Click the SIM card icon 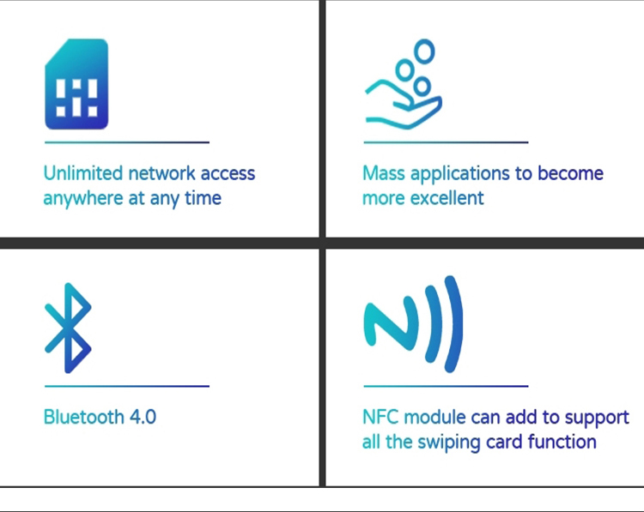(76, 84)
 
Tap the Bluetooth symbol (69, 328)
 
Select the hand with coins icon (404, 85)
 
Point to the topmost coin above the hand (424, 51)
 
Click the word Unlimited (83, 173)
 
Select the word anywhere (83, 199)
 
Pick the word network (161, 173)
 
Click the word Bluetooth (84, 417)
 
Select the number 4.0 (143, 417)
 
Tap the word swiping (449, 443)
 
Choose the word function (562, 442)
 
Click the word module (435, 417)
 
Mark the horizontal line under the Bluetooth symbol (127, 386)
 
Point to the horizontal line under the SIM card (127, 142)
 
